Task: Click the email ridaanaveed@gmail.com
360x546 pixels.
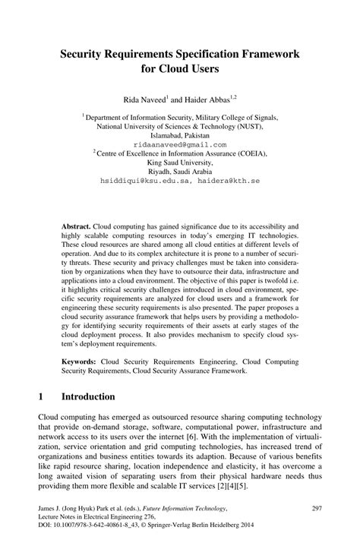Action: [179, 144]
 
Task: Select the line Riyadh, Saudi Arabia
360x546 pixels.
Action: [180, 172]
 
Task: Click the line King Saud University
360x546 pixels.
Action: [180, 163]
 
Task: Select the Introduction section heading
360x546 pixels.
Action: [88, 396]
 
